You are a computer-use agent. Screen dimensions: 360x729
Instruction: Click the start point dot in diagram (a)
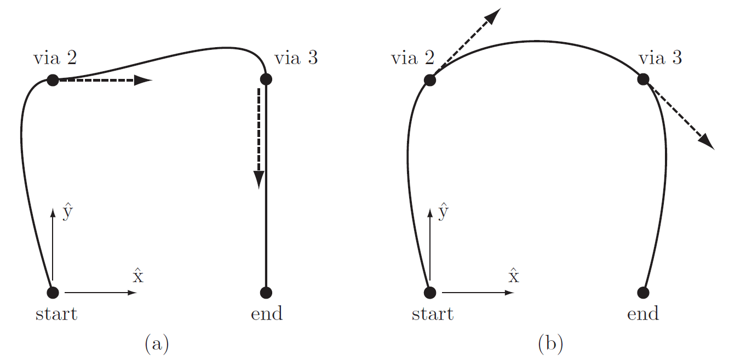click(53, 292)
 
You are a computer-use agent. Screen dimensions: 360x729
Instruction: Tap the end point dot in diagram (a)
click(266, 292)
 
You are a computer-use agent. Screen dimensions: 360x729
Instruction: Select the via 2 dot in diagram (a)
click(53, 81)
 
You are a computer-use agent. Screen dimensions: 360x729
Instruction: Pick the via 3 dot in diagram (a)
click(266, 79)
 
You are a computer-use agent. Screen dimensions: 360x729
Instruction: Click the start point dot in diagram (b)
click(430, 292)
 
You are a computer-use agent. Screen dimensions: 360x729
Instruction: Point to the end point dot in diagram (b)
click(643, 292)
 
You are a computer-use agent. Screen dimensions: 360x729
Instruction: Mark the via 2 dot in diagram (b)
click(430, 81)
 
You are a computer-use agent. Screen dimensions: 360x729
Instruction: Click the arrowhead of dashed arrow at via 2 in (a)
click(143, 81)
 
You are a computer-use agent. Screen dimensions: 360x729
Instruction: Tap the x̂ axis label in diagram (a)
click(137, 276)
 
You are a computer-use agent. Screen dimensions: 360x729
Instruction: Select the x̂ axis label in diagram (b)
click(514, 276)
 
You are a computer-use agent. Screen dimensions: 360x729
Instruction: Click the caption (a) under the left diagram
click(157, 344)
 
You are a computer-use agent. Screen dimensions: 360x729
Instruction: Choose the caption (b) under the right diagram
click(550, 344)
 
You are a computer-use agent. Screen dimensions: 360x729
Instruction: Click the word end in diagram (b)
click(643, 314)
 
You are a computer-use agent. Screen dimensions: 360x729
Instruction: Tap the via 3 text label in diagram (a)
click(296, 58)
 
